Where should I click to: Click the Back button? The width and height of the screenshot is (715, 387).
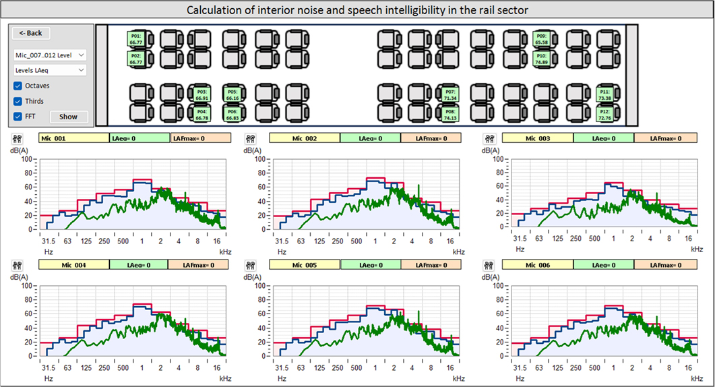click(31, 33)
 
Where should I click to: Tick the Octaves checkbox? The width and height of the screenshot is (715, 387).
click(18, 86)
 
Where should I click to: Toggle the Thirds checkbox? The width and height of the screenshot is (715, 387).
click(18, 101)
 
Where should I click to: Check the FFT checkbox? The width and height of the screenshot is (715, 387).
click(18, 117)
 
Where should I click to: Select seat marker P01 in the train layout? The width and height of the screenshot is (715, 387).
click(135, 39)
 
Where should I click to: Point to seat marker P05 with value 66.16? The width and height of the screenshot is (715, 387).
click(232, 94)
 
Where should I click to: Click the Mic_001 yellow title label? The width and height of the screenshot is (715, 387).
click(73, 138)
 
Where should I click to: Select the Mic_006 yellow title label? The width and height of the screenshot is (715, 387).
click(537, 265)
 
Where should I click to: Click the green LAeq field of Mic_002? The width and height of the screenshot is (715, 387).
click(370, 138)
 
